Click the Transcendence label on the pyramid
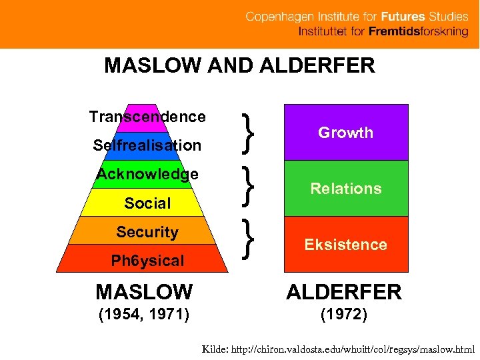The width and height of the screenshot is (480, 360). click(147, 117)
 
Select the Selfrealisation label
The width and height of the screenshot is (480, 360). click(147, 145)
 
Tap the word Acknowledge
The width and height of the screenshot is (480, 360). click(147, 174)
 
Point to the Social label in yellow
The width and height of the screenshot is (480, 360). click(147, 203)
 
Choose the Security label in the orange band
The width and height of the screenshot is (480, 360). click(147, 232)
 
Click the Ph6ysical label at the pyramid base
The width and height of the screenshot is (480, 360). click(147, 261)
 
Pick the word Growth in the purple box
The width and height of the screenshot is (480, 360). click(345, 133)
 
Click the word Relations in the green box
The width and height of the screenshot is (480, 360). click(345, 189)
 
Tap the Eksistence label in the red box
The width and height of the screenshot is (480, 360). click(345, 245)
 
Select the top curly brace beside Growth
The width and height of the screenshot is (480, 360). click(249, 131)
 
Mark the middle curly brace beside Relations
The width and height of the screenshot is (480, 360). click(249, 186)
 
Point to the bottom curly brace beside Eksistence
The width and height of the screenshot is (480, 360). click(249, 240)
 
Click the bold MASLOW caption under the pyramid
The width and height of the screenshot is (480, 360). click(144, 291)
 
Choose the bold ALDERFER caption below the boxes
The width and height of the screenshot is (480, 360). click(344, 291)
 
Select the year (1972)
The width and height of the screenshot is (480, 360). click(344, 314)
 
